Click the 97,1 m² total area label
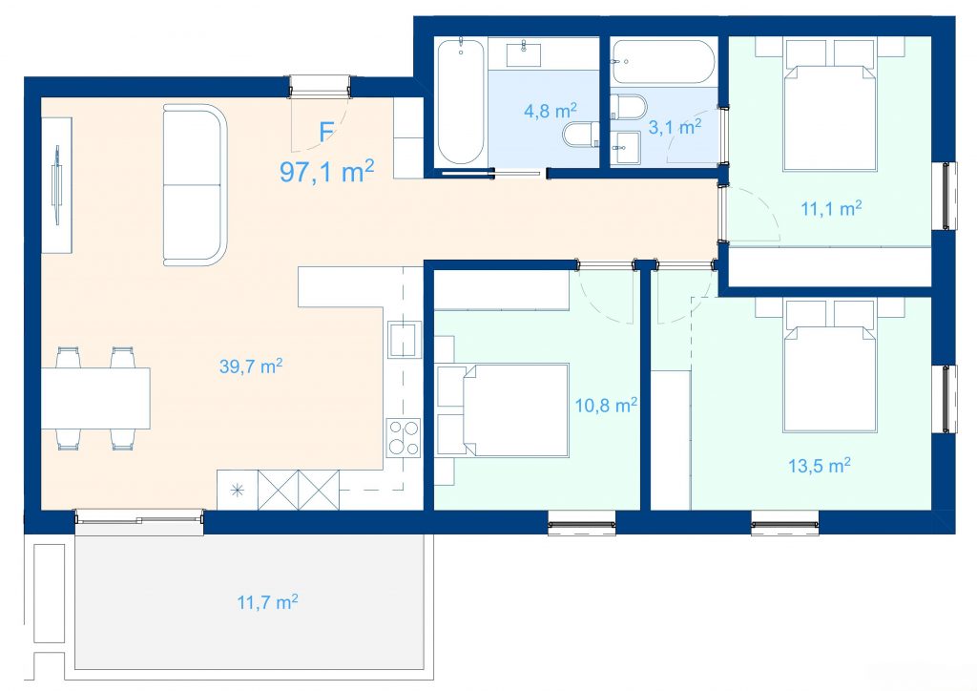(x=326, y=172)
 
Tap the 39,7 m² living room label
(x=251, y=366)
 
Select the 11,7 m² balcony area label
(x=267, y=602)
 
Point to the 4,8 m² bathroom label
(x=551, y=111)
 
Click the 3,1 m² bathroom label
(x=675, y=127)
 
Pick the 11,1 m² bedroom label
(x=831, y=208)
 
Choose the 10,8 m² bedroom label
(x=606, y=406)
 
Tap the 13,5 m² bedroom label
(x=820, y=466)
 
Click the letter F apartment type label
(x=326, y=132)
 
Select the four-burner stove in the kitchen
(x=404, y=438)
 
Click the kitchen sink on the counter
(x=405, y=339)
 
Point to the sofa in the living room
(x=195, y=185)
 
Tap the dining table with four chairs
(x=96, y=398)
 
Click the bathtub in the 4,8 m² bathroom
(x=461, y=102)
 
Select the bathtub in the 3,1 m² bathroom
(x=663, y=62)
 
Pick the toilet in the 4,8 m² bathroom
(x=581, y=134)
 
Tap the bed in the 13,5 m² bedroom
(x=831, y=379)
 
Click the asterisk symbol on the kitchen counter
(x=238, y=490)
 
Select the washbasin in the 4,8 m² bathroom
(x=524, y=53)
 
